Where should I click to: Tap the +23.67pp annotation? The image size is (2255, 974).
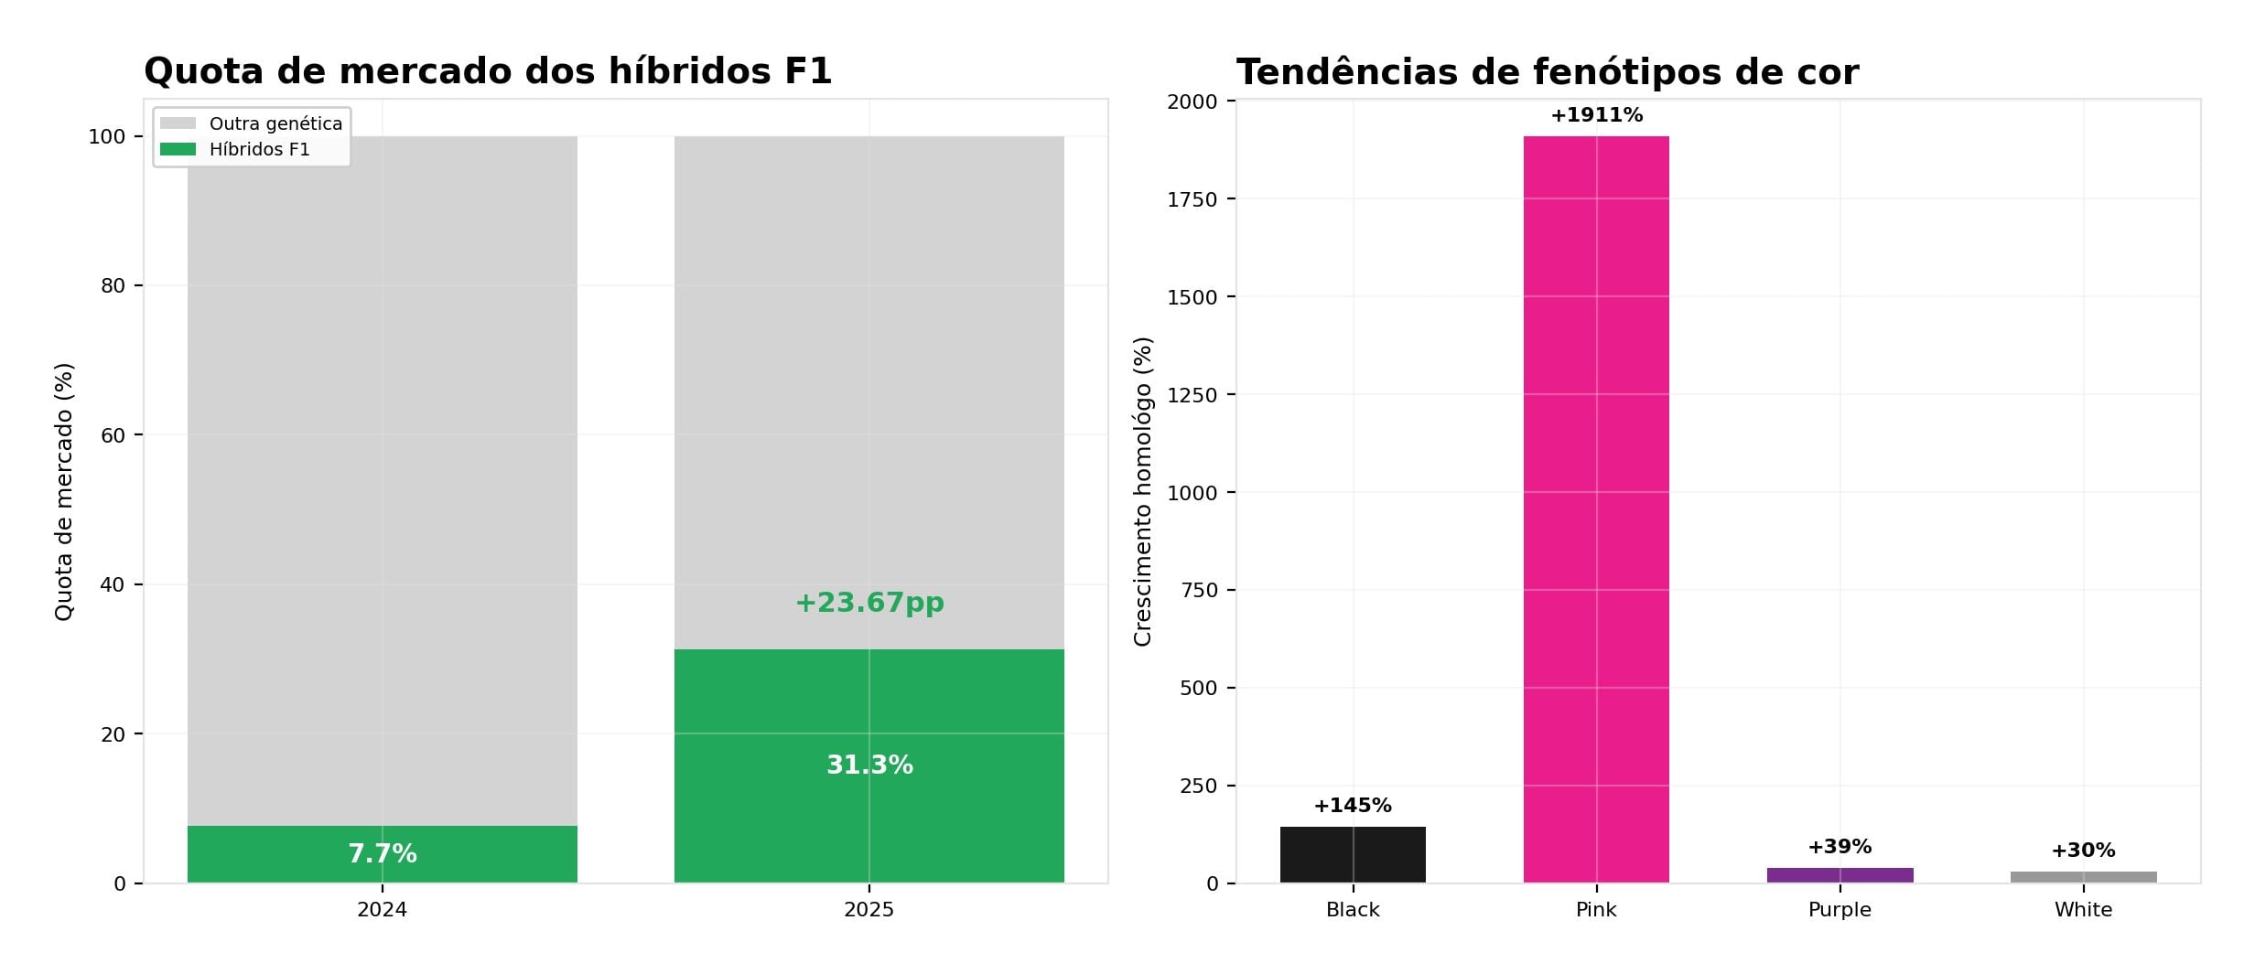(x=869, y=603)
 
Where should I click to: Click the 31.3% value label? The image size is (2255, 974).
(x=869, y=765)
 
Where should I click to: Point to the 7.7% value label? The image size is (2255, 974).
(x=382, y=854)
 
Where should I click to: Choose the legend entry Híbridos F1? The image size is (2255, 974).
(x=259, y=150)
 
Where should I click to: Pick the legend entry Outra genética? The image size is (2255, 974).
(x=275, y=123)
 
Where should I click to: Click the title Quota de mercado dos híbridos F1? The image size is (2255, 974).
(x=488, y=71)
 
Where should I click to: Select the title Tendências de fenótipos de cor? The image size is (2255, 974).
(x=1547, y=72)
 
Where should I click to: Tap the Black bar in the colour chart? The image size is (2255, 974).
(x=1353, y=855)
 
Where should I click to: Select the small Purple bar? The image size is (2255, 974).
(x=1840, y=875)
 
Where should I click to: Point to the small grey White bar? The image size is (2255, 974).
(x=2083, y=877)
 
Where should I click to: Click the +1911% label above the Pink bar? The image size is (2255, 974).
(x=1596, y=115)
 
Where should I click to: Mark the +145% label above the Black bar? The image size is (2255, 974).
(x=1353, y=806)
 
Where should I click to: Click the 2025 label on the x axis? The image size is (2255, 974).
(x=869, y=910)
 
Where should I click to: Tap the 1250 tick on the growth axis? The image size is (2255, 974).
(x=1192, y=395)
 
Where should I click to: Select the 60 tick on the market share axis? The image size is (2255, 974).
(x=113, y=435)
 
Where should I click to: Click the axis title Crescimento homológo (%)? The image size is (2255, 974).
(x=1143, y=491)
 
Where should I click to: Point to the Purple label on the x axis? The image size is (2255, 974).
(x=1840, y=910)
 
